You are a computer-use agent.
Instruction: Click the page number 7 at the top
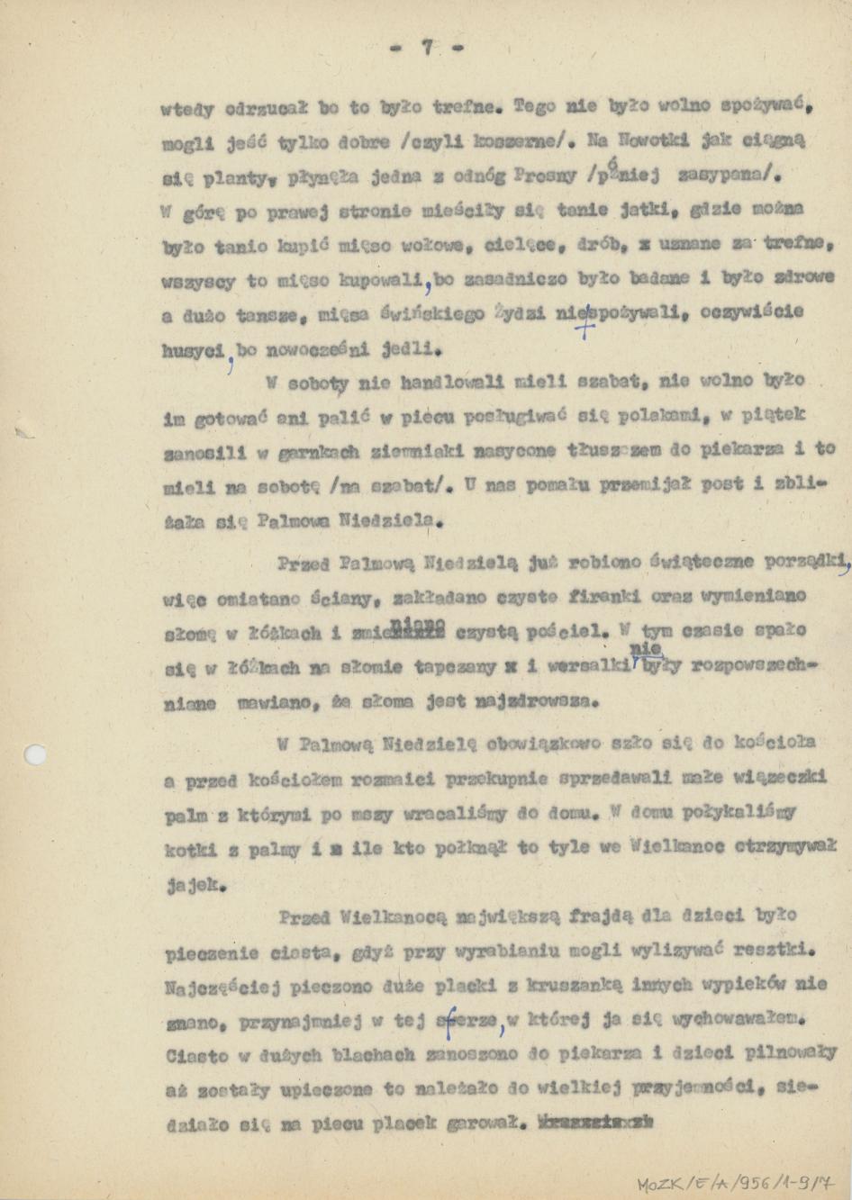coord(427,49)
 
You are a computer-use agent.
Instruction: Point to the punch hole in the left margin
coord(35,754)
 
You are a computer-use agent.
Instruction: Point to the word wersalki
coord(590,667)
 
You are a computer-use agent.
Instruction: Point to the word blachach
coord(372,1054)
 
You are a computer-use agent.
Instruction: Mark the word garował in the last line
coord(478,1124)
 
